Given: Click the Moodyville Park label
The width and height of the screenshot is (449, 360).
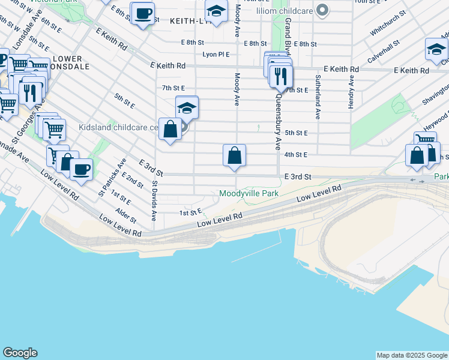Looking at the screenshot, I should tap(249, 194).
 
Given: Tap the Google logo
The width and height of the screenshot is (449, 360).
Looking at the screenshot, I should tap(20, 353).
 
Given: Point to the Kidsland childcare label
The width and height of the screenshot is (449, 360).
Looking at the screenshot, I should tap(118, 128).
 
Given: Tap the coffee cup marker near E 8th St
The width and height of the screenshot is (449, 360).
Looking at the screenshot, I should tap(143, 14).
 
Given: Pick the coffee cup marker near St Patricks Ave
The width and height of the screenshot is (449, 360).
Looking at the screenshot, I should tap(81, 168).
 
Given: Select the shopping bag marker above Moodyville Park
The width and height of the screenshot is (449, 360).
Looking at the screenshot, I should tap(234, 155).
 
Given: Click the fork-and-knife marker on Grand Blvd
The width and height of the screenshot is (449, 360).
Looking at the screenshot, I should tap(280, 76).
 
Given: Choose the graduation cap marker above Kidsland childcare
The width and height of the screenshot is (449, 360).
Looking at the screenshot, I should tap(187, 109).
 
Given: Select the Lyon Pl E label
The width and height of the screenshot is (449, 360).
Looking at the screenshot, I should tap(216, 54).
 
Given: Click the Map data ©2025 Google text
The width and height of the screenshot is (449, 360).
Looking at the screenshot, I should tap(412, 355).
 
